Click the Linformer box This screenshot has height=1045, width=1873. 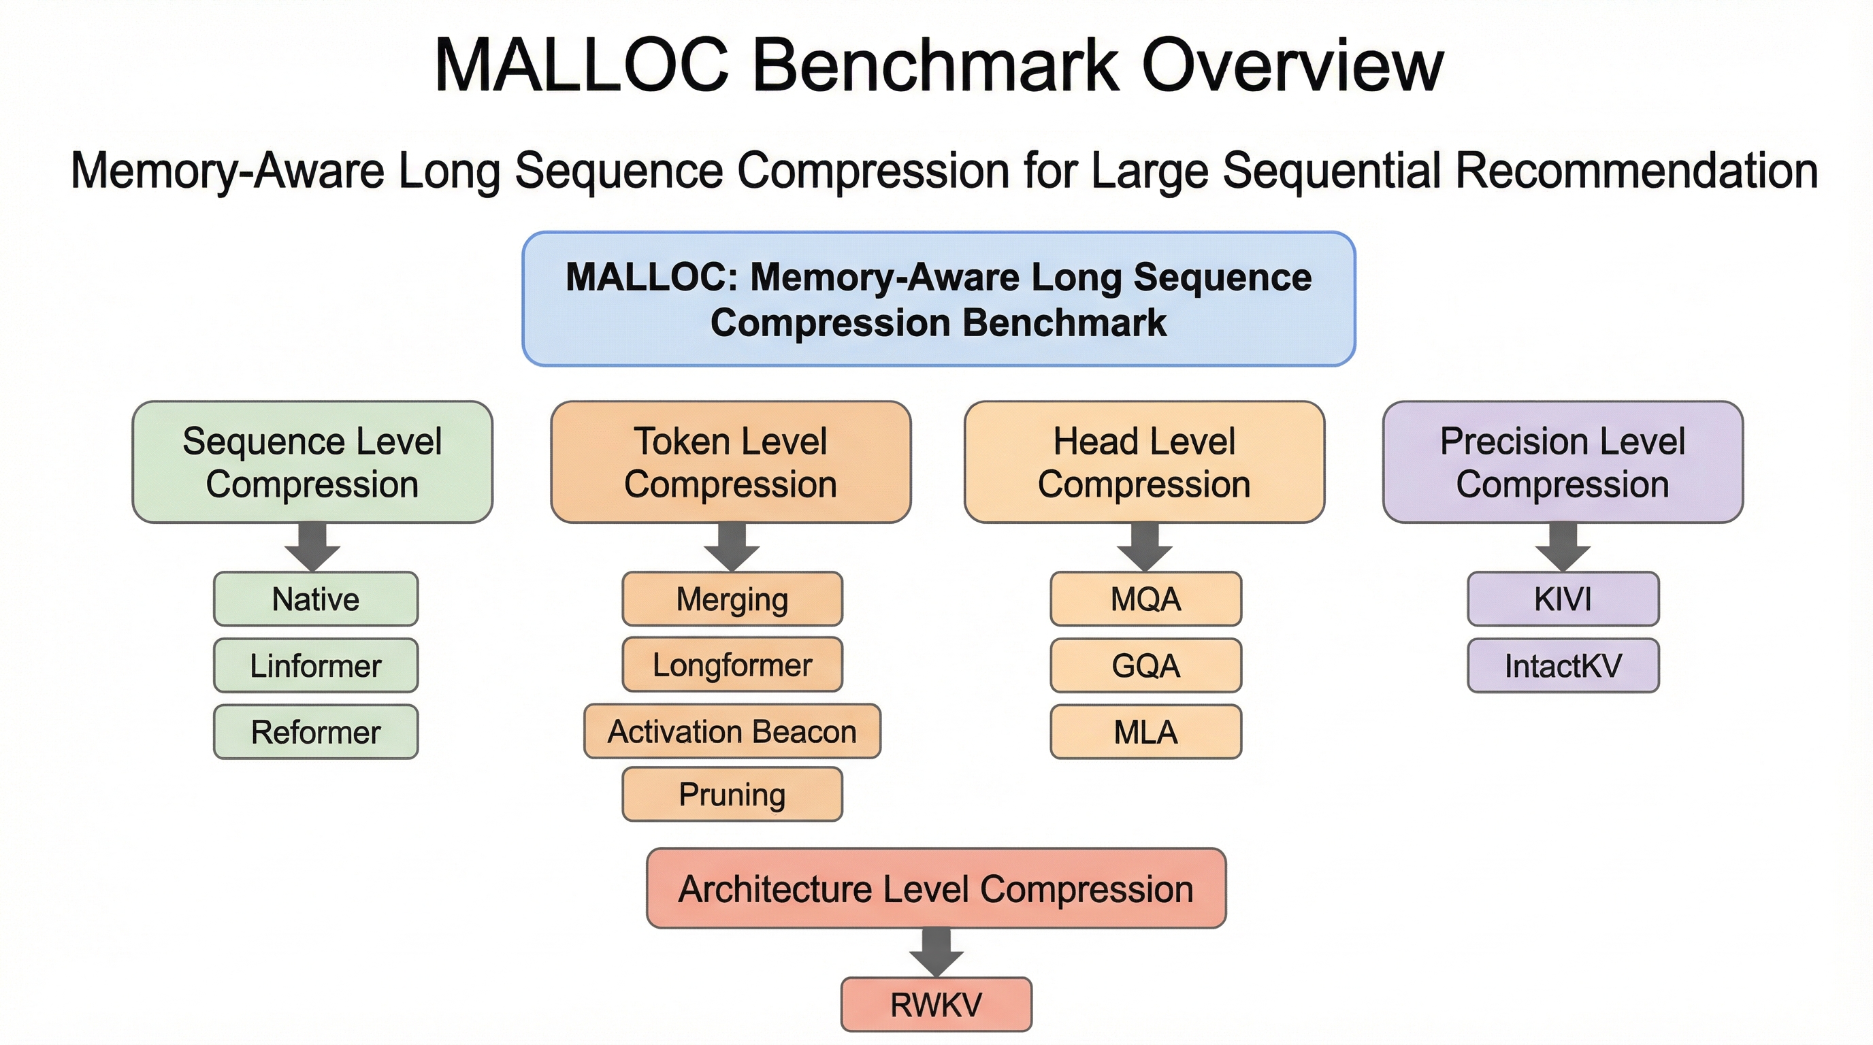coord(316,665)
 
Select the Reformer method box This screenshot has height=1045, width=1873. coord(316,732)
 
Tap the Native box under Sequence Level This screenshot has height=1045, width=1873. coord(316,599)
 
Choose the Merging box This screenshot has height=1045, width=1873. coord(732,599)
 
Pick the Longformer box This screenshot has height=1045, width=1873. coord(732,665)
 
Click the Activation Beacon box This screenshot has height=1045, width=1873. coord(732,731)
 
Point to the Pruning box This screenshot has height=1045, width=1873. coord(732,794)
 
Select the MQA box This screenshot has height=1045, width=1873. coord(1146,599)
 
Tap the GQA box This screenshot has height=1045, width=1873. coord(1146,665)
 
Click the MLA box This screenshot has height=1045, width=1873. coord(1146,732)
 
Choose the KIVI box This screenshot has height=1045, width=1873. coord(1563,599)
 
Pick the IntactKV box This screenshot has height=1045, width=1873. coord(1563,665)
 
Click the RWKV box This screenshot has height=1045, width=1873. coord(936,1005)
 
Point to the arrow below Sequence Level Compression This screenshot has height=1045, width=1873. coord(312,547)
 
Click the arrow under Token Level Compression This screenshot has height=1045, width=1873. coord(732,547)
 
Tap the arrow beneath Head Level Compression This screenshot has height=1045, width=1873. coord(1145,547)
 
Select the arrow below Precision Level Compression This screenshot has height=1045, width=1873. coord(1563,547)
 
